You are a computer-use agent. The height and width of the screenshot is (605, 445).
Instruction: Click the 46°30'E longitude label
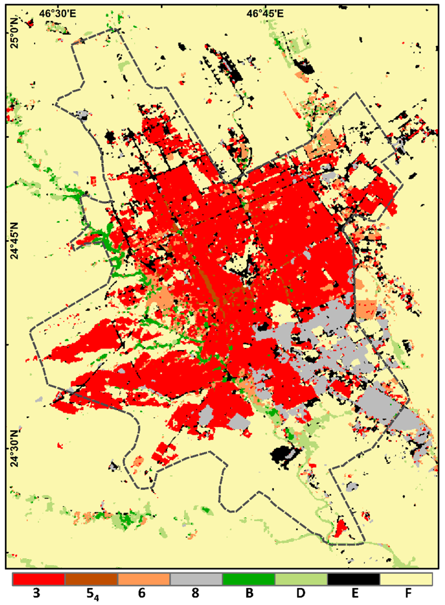[x=58, y=13]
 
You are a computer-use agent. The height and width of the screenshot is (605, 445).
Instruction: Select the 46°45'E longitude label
[x=265, y=13]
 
